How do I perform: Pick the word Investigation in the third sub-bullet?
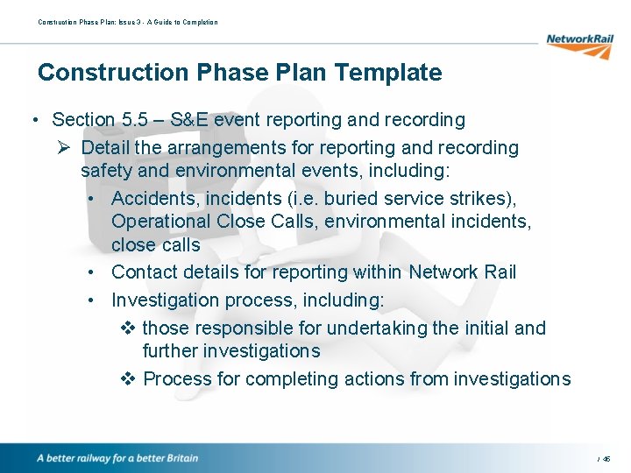click(165, 300)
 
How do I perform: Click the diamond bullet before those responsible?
click(126, 328)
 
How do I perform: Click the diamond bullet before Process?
click(126, 379)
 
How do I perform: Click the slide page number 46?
click(606, 459)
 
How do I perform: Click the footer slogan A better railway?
click(117, 458)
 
